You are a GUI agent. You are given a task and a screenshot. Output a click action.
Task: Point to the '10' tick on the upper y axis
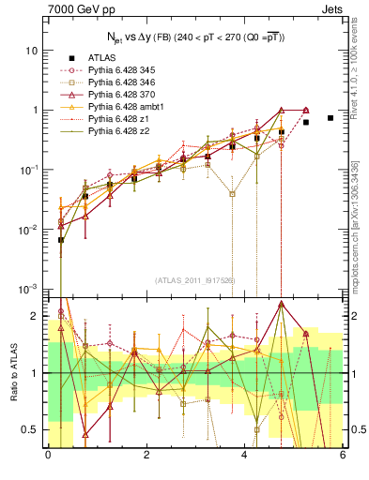point(32,50)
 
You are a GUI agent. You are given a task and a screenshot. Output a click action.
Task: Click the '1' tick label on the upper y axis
point(36,110)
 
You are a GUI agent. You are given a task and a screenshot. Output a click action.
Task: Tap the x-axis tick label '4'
point(244,454)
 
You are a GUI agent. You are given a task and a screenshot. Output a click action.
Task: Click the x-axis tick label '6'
point(342,454)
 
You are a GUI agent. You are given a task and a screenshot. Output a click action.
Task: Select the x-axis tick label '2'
point(146,454)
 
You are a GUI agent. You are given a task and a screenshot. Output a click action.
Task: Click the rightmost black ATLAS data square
point(330,118)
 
